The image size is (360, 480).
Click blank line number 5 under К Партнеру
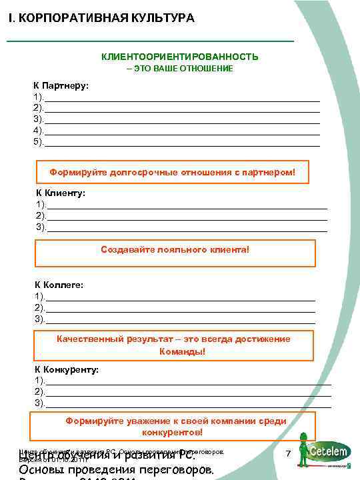point(180,143)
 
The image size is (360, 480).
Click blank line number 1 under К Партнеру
point(180,98)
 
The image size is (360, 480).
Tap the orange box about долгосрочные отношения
point(172,173)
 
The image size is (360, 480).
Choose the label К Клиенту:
point(61,193)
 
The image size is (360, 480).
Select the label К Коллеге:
point(59,285)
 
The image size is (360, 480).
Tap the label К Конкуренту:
point(67,369)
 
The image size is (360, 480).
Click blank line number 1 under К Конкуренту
point(187,380)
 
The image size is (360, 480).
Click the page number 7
point(288,453)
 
